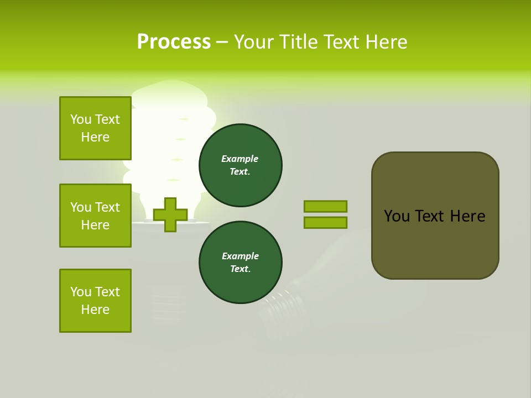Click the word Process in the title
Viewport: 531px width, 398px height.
[174, 42]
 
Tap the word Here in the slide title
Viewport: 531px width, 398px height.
[386, 42]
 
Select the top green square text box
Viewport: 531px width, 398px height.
[95, 128]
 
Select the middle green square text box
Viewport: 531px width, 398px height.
[95, 216]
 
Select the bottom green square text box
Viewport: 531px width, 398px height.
[95, 301]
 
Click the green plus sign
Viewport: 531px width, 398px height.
[170, 214]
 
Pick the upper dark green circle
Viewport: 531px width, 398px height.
[240, 165]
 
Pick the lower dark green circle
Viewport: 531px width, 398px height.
[240, 263]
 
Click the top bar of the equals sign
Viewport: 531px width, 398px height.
[325, 206]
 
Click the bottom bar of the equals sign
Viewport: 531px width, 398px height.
[325, 223]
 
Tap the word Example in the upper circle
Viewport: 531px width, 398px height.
[240, 159]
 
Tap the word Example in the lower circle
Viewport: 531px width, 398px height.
[240, 256]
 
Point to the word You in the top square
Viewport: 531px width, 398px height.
[80, 119]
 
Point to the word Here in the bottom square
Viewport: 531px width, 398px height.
[95, 310]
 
